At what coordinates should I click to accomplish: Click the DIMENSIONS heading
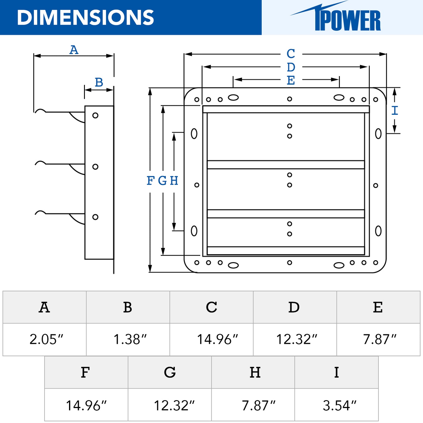[x=85, y=18]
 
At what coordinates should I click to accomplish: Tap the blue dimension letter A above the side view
[x=74, y=50]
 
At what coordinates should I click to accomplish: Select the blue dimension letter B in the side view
[x=99, y=83]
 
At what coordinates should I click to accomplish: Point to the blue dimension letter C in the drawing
[x=291, y=54]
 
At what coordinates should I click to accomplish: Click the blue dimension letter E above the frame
[x=291, y=80]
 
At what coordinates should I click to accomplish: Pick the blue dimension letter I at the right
[x=395, y=111]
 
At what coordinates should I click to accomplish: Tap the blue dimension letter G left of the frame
[x=162, y=181]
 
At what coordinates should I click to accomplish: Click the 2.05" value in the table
[x=46, y=340]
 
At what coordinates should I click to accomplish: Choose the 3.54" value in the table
[x=340, y=405]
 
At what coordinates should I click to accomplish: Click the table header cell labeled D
[x=294, y=307]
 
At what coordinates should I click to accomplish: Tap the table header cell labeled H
[x=255, y=373]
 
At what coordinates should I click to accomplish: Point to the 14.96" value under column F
[x=86, y=405]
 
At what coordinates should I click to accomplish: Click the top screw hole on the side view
[x=95, y=115]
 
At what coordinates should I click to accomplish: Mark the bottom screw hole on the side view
[x=95, y=217]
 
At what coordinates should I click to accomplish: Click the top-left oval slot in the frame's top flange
[x=233, y=97]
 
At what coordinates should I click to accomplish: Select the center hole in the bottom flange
[x=290, y=263]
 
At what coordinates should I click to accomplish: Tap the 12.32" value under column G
[x=174, y=405]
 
